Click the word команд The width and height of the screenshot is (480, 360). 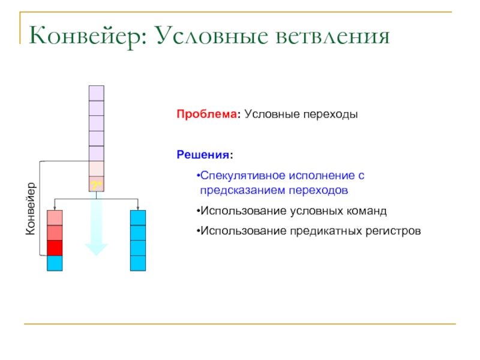367,211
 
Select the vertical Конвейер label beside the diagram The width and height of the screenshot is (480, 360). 31,208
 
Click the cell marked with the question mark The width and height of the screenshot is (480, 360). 96,184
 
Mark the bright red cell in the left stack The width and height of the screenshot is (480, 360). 55,248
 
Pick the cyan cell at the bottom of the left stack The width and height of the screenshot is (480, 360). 55,263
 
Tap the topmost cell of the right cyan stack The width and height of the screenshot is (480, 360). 138,217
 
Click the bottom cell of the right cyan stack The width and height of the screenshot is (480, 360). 138,263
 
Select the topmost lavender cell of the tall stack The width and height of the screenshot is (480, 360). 96,93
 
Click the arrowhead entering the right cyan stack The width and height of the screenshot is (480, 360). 138,207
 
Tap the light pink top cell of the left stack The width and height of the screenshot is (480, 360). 55,217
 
